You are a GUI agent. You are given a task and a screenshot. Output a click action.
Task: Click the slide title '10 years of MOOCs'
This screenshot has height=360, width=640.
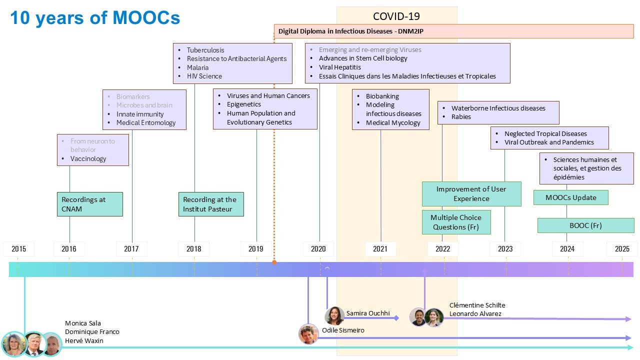point(95,18)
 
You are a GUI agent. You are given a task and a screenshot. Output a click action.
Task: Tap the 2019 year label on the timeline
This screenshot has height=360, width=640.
point(256,248)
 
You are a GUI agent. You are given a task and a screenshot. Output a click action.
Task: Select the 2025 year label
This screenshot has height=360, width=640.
point(622,248)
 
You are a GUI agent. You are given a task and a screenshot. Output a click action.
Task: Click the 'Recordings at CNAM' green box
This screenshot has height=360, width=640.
point(90,204)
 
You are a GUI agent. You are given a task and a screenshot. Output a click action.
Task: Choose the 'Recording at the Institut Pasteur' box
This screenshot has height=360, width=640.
point(211,204)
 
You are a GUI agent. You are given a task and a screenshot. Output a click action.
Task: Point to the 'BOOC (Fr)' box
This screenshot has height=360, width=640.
point(585,225)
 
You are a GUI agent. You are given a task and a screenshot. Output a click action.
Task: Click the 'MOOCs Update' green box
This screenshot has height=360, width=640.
point(570,197)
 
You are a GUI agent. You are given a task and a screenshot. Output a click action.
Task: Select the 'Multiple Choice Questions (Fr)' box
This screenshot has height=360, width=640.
point(456,222)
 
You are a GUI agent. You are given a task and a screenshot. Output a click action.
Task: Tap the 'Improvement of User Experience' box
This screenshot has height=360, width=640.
point(471,193)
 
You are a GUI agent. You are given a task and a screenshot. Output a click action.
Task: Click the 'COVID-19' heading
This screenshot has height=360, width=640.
point(396,16)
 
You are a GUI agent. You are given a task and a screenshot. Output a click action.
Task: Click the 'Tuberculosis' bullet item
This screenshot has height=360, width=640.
point(205,50)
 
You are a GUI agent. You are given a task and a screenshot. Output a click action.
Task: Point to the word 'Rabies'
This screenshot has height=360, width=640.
point(461,116)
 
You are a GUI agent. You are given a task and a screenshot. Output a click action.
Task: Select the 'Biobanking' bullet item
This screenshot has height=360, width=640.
point(382,96)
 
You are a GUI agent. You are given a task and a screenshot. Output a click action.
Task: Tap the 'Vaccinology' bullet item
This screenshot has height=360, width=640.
point(88,158)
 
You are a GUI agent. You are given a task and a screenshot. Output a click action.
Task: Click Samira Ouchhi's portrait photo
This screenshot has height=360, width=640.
point(334,316)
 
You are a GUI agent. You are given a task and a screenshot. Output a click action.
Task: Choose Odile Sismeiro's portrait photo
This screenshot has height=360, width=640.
point(308,334)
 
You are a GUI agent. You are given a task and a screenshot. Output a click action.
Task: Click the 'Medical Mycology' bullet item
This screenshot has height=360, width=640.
point(393,122)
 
